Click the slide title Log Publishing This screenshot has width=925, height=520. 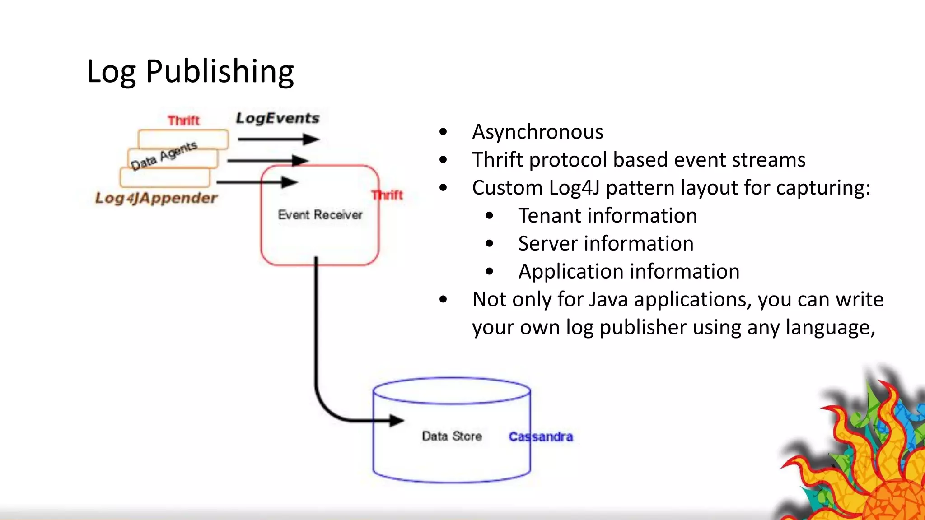pos(190,71)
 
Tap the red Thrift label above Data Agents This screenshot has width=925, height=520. pos(183,121)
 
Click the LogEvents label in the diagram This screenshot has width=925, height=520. pos(277,118)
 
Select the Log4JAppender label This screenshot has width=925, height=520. pos(156,198)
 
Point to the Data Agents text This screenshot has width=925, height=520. pos(164,155)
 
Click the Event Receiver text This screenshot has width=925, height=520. pos(320,215)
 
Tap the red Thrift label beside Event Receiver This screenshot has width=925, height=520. pos(388,195)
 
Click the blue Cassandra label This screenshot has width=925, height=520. pos(541,436)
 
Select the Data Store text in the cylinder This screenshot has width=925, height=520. pos(452,436)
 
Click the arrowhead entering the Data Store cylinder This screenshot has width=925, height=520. pos(396,421)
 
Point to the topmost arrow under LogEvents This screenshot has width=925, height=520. pos(278,139)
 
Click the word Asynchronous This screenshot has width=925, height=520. pos(537,132)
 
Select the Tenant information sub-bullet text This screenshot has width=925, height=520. pos(607,216)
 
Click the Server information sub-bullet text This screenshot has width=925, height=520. pos(606,244)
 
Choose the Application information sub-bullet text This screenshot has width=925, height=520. pos(629,272)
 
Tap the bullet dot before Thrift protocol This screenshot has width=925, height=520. pos(443,160)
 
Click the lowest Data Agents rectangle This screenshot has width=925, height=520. pos(165,177)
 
